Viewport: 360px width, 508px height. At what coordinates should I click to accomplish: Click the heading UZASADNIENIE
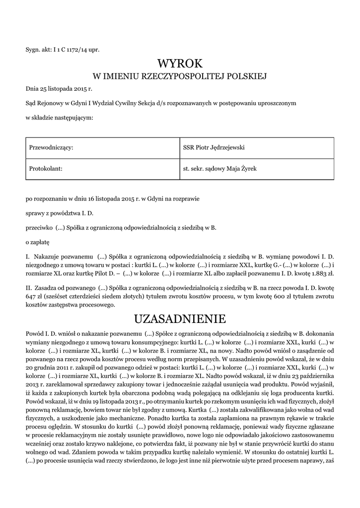(x=180, y=318)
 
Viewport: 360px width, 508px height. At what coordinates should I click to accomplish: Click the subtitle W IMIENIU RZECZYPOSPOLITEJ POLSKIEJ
(x=180, y=76)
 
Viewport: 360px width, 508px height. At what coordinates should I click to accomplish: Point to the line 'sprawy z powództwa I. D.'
(x=60, y=214)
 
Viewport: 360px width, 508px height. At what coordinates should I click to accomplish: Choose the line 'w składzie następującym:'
(x=59, y=118)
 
